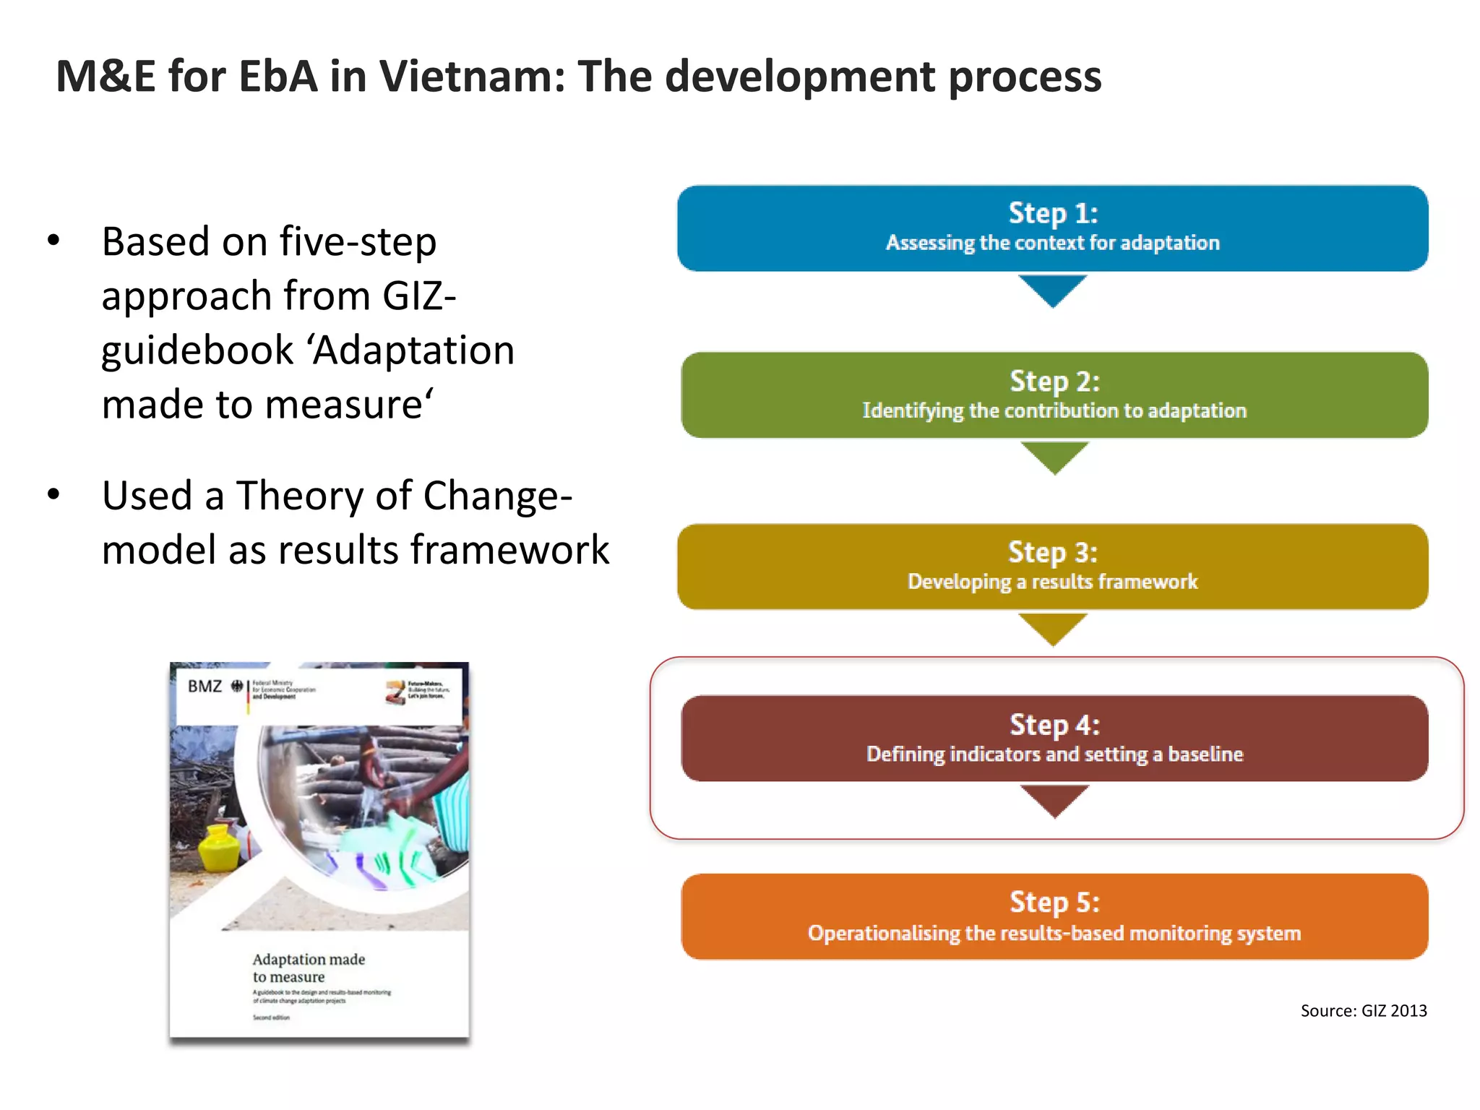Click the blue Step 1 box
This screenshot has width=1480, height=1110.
(1052, 228)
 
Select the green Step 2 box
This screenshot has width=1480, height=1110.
(1054, 395)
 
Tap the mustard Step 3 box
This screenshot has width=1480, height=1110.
(1052, 567)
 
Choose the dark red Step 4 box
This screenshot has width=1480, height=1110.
(1054, 738)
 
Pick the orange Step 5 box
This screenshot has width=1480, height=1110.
(1054, 916)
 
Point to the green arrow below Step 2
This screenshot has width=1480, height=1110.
(1054, 457)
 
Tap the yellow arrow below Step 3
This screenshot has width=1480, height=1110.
(1052, 628)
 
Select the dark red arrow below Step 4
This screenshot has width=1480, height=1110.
(1054, 800)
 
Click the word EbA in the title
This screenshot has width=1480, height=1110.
(277, 76)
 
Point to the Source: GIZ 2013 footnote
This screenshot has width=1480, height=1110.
(1363, 1010)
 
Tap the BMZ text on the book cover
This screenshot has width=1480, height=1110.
(205, 686)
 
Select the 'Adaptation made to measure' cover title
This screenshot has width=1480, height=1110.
(309, 968)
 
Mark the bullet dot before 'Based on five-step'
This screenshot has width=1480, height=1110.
(53, 241)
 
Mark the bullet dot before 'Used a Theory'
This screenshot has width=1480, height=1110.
(53, 495)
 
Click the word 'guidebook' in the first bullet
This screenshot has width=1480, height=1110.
(197, 350)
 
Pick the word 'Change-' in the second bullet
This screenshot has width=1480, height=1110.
(497, 496)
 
